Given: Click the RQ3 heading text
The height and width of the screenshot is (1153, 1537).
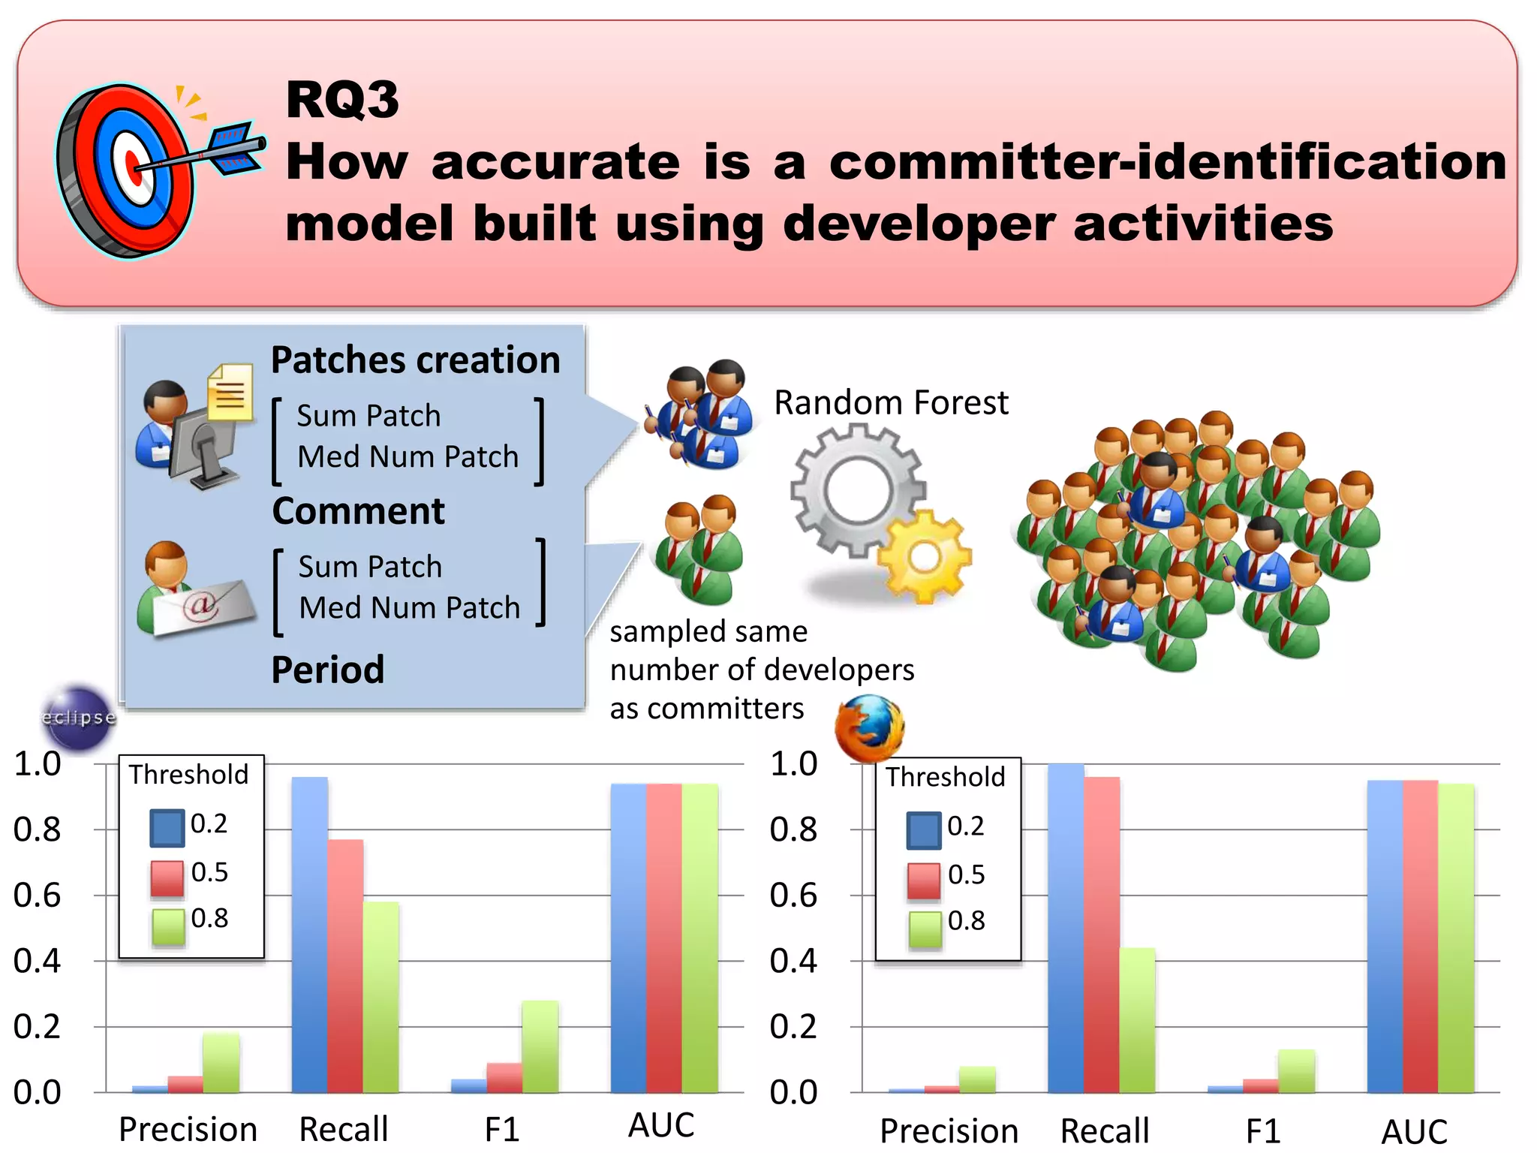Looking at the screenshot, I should coord(342,99).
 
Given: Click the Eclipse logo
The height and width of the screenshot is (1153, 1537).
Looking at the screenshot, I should coord(79,718).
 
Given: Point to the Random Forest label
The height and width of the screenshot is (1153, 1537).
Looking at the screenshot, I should coord(891,403).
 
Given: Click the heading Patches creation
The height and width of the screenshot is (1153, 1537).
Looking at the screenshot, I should coord(415,360).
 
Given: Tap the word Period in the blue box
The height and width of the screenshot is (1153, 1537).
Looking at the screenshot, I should coord(328,670).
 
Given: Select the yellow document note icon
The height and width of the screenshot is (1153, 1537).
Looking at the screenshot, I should coord(230,392).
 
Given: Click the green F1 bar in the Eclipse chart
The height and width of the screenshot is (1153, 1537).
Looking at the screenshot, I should coord(540,1046).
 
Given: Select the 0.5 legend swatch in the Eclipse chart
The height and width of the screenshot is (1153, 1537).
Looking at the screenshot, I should coord(167,878).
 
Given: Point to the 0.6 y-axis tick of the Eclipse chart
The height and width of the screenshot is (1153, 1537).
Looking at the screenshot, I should coord(38,896).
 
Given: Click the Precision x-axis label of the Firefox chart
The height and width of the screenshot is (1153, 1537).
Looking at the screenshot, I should coord(949,1130).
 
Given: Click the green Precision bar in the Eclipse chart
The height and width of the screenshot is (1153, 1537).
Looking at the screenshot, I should coord(221,1063).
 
